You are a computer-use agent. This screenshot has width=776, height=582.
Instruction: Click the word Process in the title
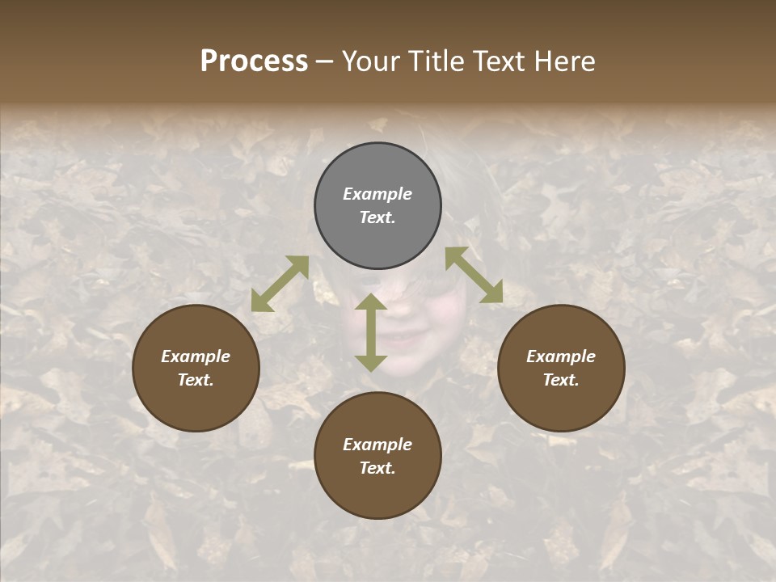click(254, 61)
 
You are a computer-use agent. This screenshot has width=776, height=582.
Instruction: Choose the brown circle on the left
click(196, 369)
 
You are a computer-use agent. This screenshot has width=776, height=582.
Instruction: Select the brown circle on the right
click(561, 369)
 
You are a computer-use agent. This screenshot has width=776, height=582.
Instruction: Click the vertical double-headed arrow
click(371, 332)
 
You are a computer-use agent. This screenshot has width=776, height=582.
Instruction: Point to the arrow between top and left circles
click(280, 284)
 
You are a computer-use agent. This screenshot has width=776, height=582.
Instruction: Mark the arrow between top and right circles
click(474, 275)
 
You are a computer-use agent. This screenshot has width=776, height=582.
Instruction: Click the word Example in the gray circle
click(377, 194)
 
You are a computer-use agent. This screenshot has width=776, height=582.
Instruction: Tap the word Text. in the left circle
click(196, 380)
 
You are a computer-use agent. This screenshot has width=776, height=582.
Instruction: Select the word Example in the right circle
click(561, 356)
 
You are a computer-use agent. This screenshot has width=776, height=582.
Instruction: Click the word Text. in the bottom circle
click(377, 468)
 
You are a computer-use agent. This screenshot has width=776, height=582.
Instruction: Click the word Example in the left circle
click(196, 356)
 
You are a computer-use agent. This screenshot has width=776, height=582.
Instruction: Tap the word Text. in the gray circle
click(377, 217)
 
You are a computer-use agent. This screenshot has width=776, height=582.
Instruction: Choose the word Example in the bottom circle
click(377, 445)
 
